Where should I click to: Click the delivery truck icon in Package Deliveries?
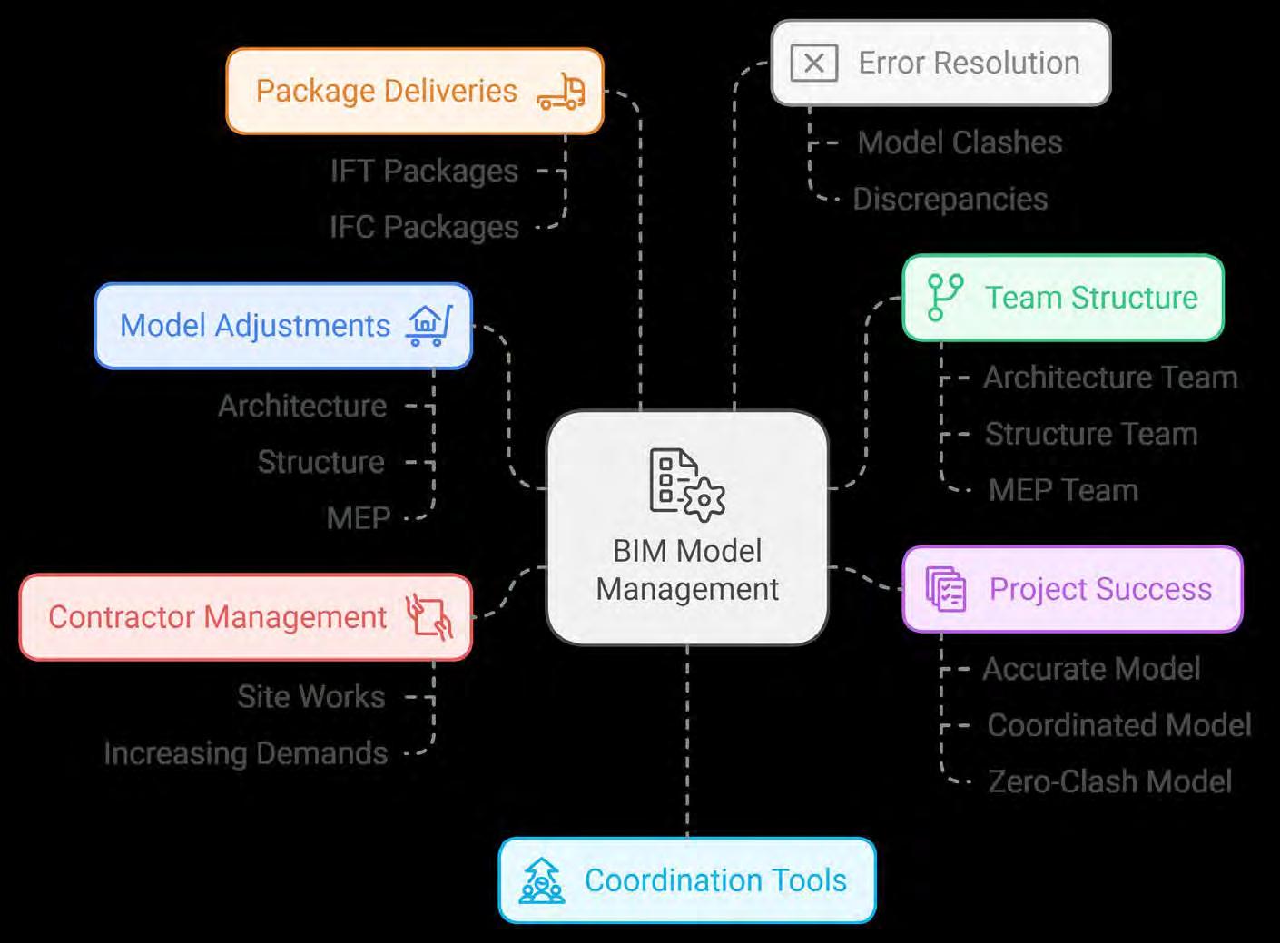[x=561, y=92]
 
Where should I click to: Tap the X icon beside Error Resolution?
[x=813, y=64]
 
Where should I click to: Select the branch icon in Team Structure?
[x=944, y=298]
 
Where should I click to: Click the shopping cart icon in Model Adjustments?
[x=428, y=325]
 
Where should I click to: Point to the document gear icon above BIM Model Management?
[x=686, y=485]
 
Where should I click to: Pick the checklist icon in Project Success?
[x=946, y=589]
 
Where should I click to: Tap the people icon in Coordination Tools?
[x=541, y=880]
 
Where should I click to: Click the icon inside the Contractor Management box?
[x=428, y=617]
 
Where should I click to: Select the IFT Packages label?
[x=424, y=171]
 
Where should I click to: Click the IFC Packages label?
[x=424, y=227]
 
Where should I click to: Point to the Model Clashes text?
[x=960, y=142]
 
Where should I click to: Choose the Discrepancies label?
[x=950, y=199]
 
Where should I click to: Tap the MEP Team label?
[x=1063, y=490]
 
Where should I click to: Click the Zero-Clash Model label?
[x=1109, y=781]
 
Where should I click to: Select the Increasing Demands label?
[x=246, y=753]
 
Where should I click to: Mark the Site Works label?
[x=311, y=697]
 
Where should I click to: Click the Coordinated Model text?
[x=1119, y=725]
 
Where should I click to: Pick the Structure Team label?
[x=1091, y=434]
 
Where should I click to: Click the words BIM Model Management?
[x=687, y=570]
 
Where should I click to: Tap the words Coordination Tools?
[x=715, y=880]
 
